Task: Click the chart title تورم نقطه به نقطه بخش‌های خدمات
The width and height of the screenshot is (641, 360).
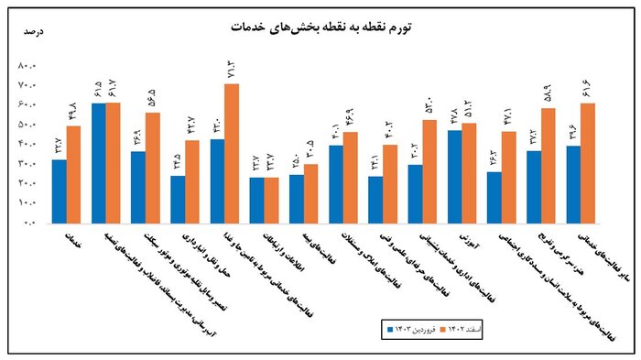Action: (320, 27)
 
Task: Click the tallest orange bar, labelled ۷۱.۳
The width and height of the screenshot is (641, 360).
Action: (232, 153)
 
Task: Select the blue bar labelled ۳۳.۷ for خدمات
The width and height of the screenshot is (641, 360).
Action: (60, 191)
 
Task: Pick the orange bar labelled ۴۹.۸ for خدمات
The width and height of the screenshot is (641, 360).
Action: (73, 174)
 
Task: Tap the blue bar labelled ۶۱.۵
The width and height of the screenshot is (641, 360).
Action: (99, 162)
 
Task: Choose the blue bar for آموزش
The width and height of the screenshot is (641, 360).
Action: (455, 176)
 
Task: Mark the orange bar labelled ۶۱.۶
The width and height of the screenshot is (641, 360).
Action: (588, 162)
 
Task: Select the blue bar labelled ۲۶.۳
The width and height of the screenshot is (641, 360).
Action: (494, 197)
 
